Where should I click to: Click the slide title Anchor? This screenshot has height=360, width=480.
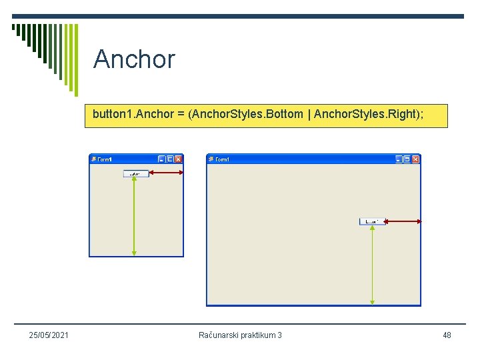pyautogui.click(x=134, y=59)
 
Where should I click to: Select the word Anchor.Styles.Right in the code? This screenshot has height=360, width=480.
pyautogui.click(x=366, y=115)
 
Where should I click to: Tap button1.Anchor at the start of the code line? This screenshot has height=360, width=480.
pyautogui.click(x=121, y=115)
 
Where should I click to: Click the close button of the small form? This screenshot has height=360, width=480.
pyautogui.click(x=178, y=159)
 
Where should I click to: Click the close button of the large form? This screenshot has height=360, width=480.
pyautogui.click(x=415, y=159)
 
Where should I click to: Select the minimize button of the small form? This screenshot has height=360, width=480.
pyautogui.click(x=161, y=159)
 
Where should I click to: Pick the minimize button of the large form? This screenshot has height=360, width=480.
pyautogui.click(x=399, y=159)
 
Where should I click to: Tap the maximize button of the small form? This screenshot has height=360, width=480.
pyautogui.click(x=170, y=159)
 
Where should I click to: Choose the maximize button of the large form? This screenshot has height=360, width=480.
pyautogui.click(x=407, y=159)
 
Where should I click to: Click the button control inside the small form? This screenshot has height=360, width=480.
pyautogui.click(x=135, y=173)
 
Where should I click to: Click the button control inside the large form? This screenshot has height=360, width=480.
pyautogui.click(x=372, y=221)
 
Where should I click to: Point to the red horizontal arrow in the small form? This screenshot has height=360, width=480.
pyautogui.click(x=166, y=173)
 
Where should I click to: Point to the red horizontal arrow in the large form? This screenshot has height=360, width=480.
pyautogui.click(x=403, y=221)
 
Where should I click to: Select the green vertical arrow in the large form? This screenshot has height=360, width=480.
pyautogui.click(x=372, y=264)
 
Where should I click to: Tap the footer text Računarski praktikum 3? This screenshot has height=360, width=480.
pyautogui.click(x=240, y=335)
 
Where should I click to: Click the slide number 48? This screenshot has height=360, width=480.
pyautogui.click(x=447, y=335)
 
